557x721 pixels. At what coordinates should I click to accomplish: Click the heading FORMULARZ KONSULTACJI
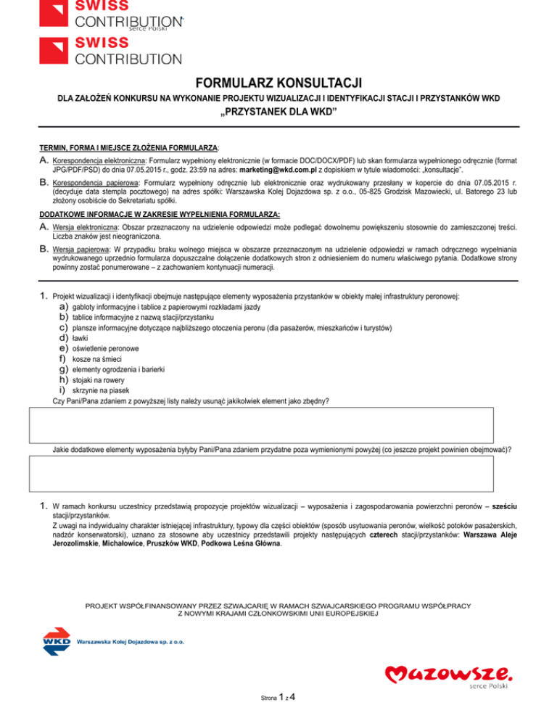[278, 83]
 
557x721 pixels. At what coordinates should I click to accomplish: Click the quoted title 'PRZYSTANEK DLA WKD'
[278, 113]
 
